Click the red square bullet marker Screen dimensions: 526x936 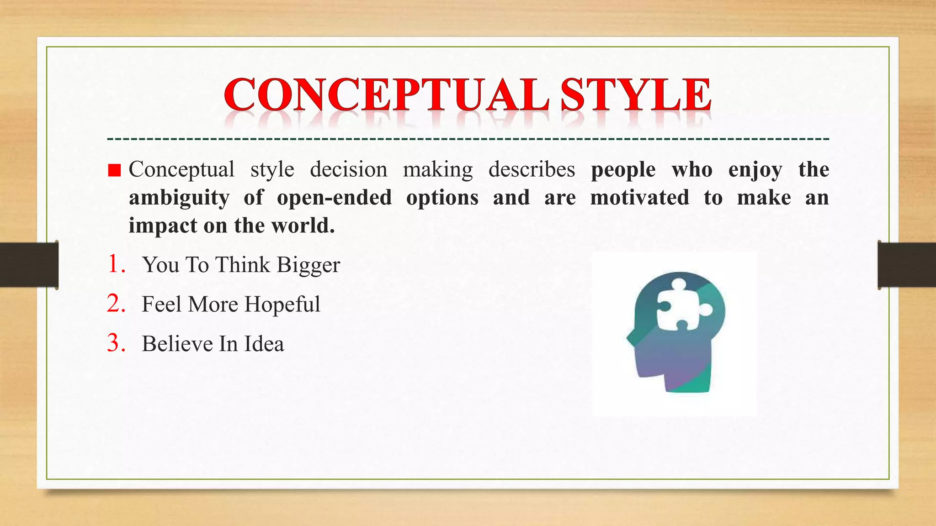coord(114,171)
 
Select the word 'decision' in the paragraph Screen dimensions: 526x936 coord(348,169)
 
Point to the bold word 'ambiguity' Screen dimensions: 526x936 coord(179,198)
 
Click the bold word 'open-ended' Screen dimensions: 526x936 coord(334,197)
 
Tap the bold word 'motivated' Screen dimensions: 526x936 coord(639,197)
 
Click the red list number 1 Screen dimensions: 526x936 coord(116,264)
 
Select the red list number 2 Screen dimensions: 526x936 coord(116,304)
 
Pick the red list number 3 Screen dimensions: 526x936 coord(116,343)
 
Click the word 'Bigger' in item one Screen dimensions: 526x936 coord(308,265)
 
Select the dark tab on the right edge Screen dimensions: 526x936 coord(907,265)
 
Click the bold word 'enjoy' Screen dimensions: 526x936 coord(755,170)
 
